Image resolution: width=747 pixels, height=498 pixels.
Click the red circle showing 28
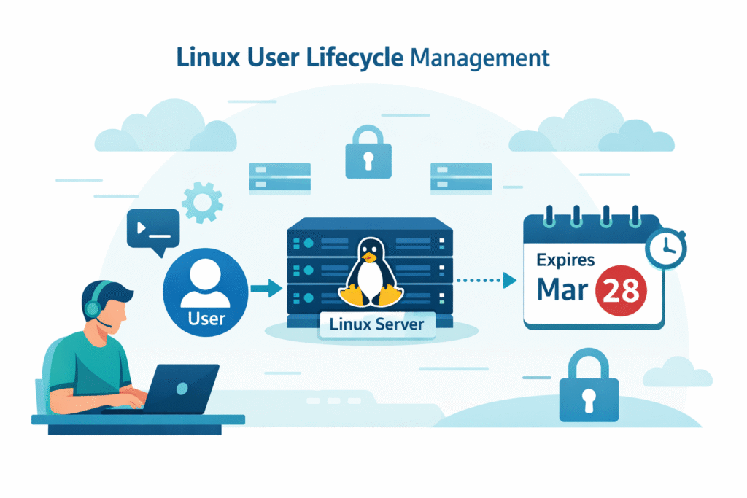[x=622, y=289]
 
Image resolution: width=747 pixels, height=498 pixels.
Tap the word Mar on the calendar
[x=562, y=290]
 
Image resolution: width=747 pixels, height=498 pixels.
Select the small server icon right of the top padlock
[x=460, y=177]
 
